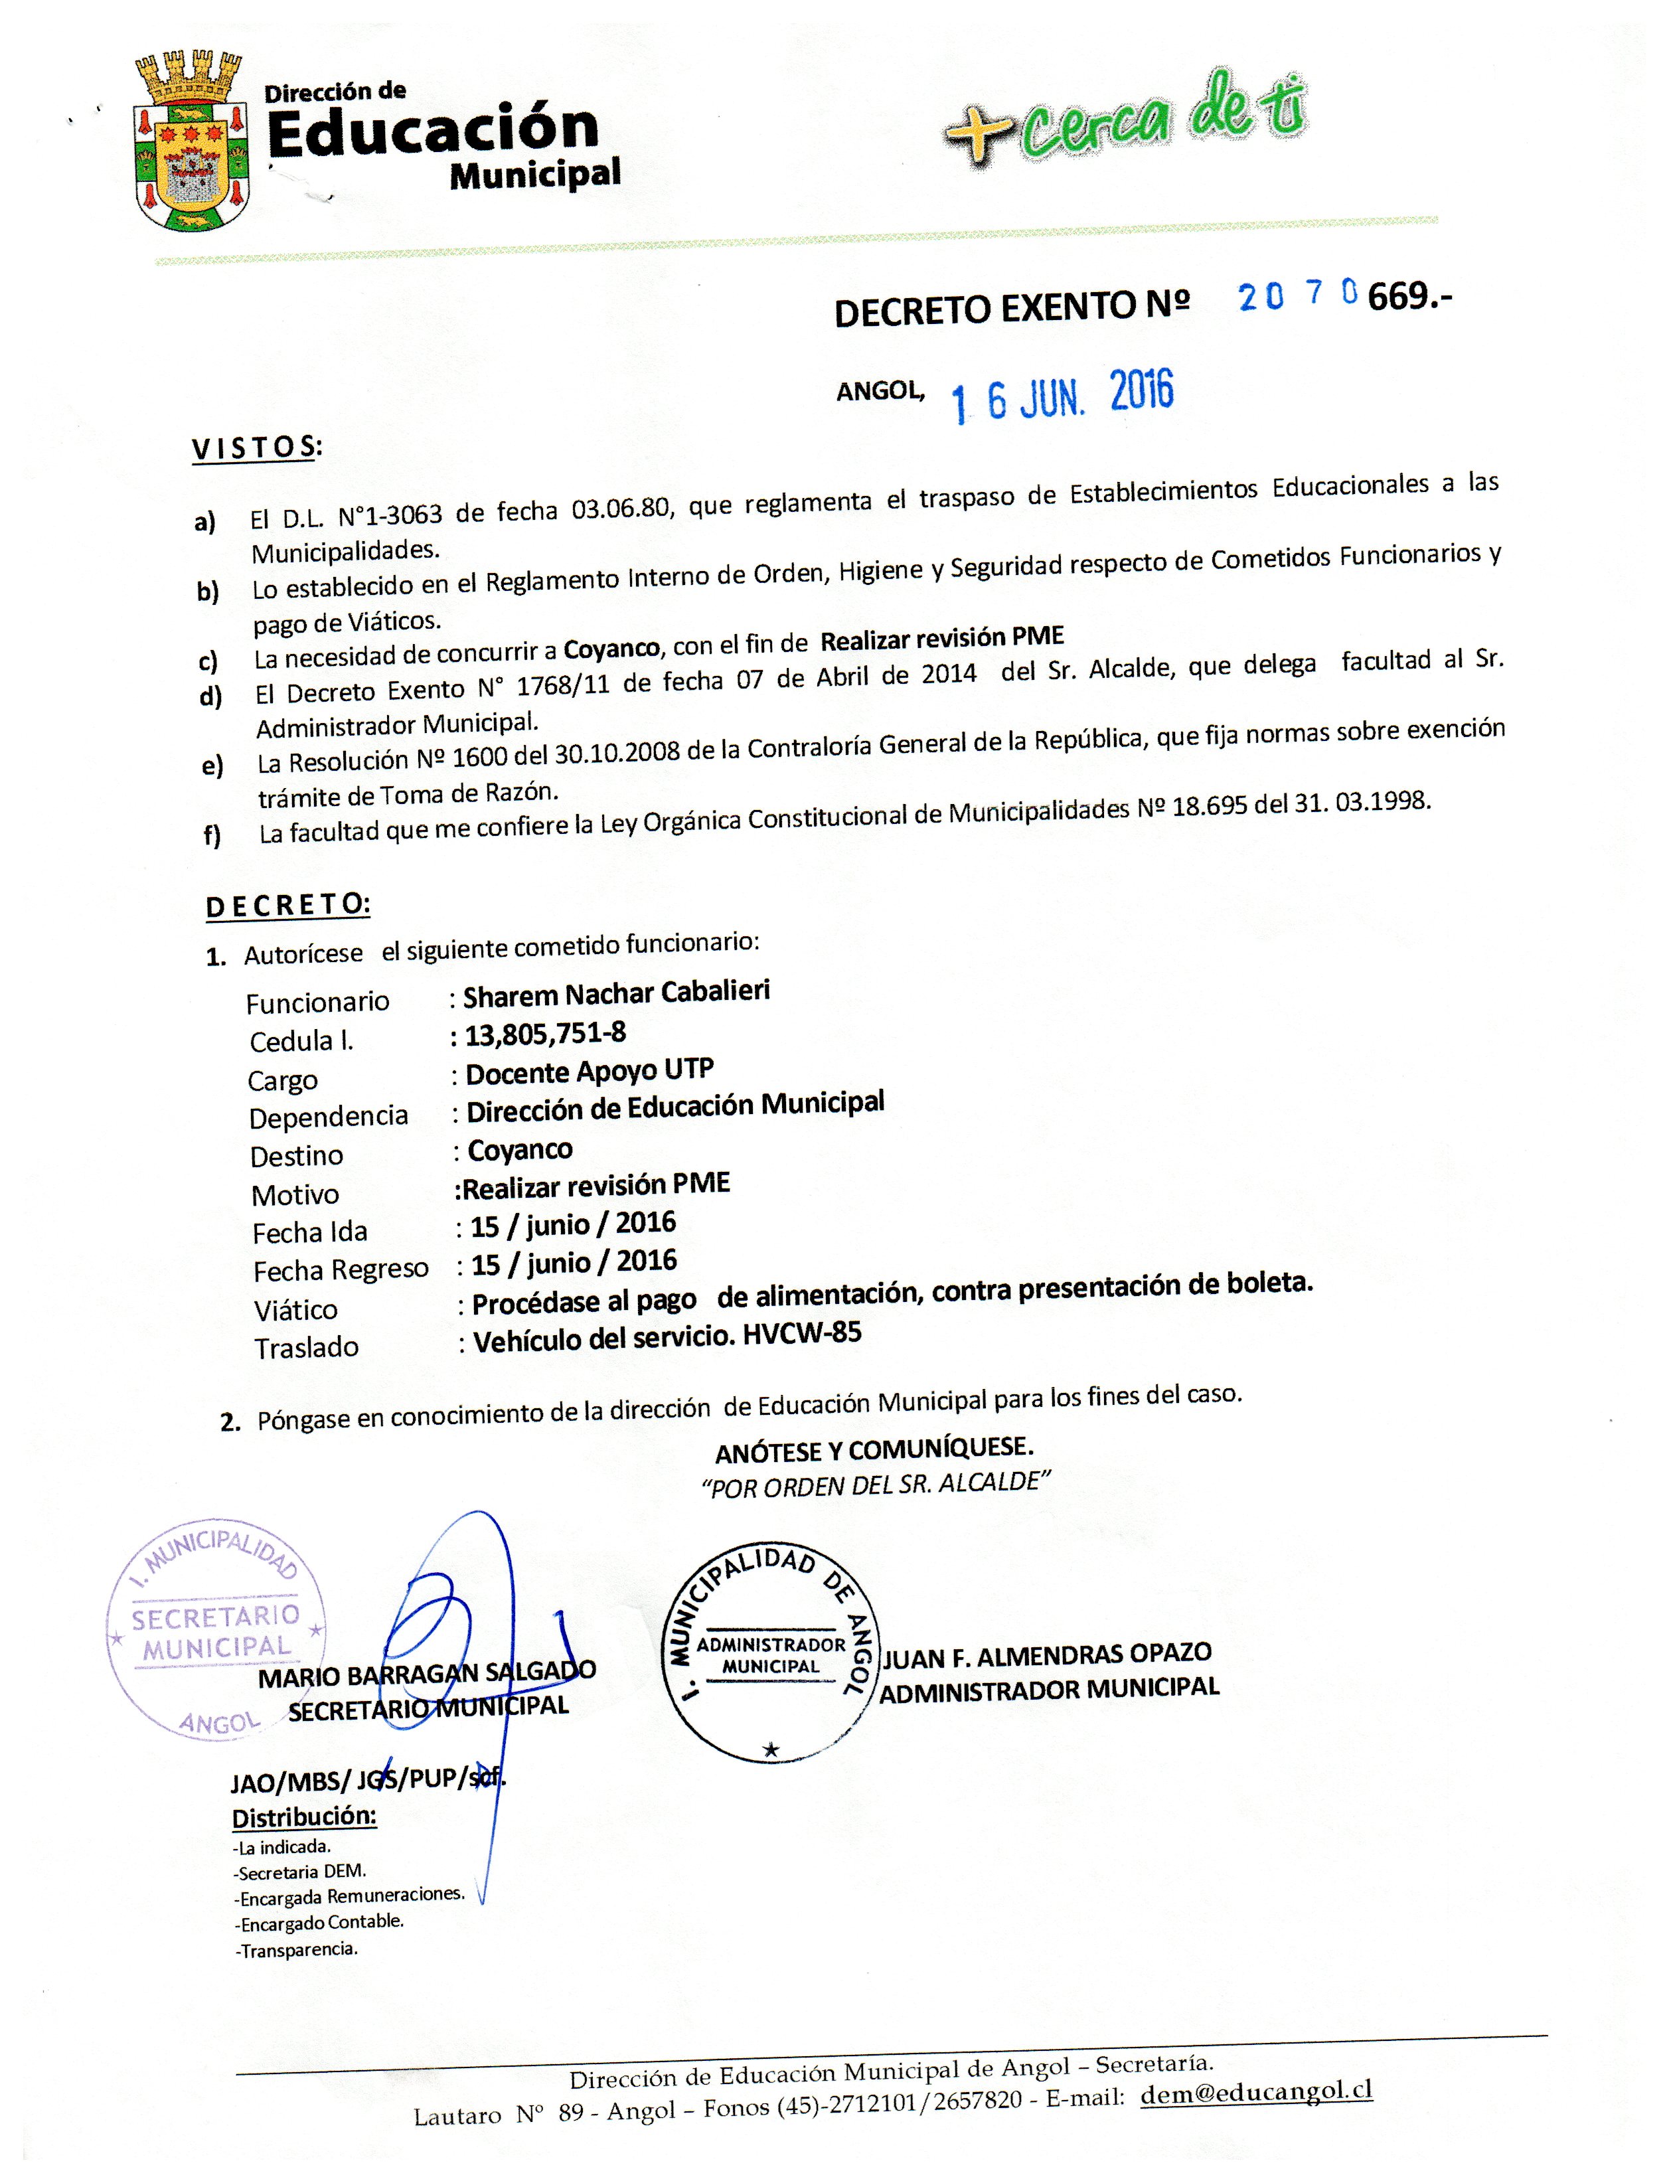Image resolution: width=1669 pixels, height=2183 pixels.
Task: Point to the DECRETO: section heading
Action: tap(288, 905)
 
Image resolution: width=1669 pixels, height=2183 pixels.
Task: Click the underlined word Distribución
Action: tap(304, 1817)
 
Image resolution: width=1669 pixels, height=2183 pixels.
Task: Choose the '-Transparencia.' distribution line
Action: tap(296, 1949)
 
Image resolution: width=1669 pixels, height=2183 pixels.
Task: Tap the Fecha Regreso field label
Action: tap(341, 1270)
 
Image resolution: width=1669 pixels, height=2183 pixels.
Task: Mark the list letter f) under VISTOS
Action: tap(212, 835)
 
